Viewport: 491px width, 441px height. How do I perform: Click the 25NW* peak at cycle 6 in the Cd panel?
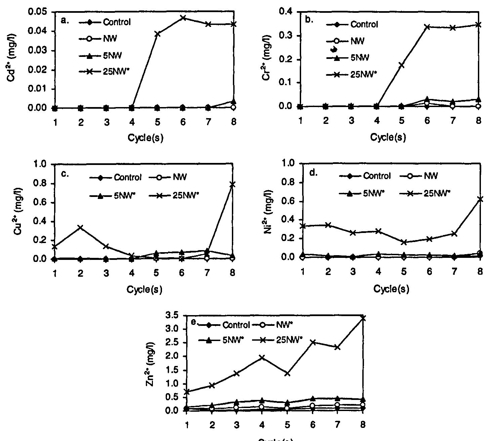coord(183,18)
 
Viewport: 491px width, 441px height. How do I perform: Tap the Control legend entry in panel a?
coord(117,23)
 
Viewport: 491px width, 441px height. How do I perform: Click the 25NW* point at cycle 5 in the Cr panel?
coord(401,65)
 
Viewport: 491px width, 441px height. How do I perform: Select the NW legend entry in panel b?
coord(357,41)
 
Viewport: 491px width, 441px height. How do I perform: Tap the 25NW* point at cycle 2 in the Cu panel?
coord(80,228)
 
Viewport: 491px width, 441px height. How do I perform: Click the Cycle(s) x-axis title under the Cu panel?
coord(144,290)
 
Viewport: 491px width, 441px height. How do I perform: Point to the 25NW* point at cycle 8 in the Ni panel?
coord(480,199)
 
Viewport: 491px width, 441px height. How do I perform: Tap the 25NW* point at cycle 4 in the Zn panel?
coord(262,358)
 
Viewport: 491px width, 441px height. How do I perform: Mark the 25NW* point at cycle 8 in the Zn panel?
coord(363,317)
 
